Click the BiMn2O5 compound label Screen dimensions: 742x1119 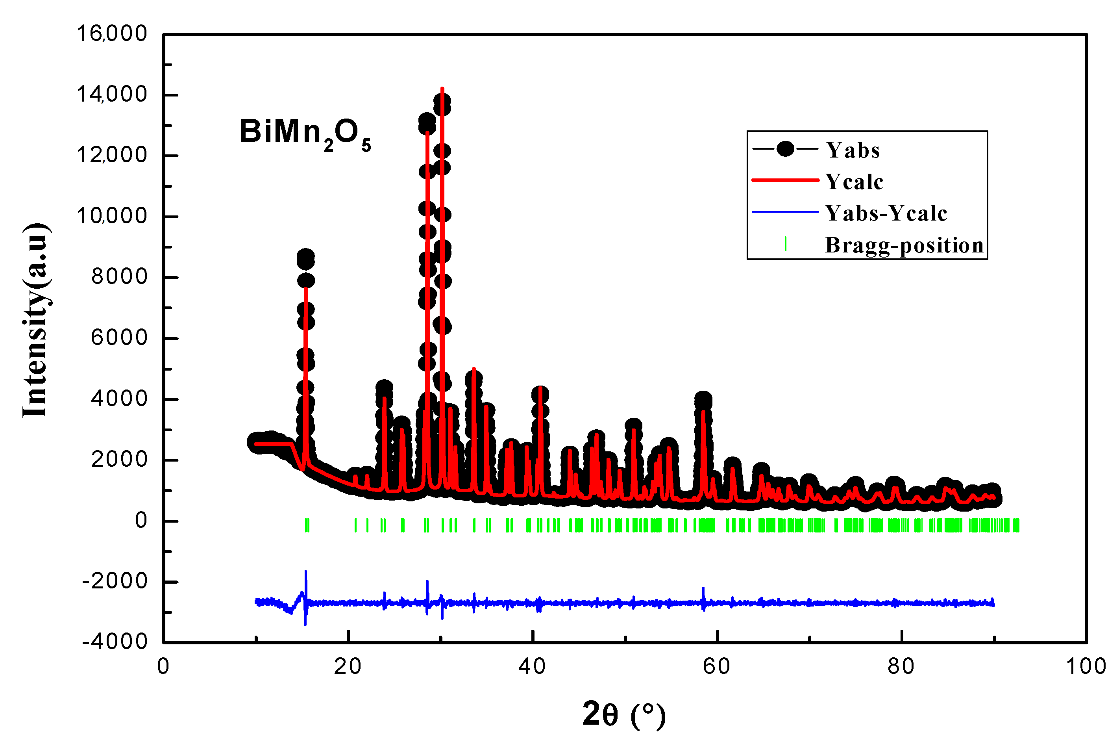point(305,134)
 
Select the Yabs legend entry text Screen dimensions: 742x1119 point(853,150)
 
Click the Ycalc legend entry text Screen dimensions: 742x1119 point(854,182)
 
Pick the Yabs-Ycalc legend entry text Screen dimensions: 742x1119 point(886,213)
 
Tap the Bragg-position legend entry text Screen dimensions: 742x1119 point(904,245)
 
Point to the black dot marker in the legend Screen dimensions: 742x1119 point(785,149)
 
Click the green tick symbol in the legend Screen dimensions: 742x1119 point(785,244)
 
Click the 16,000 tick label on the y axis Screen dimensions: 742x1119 point(112,34)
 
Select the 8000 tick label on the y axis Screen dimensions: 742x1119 point(119,277)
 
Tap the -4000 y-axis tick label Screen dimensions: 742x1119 point(115,642)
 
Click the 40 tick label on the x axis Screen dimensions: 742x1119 point(532,667)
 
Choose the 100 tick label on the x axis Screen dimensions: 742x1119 point(1086,667)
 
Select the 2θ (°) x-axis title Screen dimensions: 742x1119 point(624,714)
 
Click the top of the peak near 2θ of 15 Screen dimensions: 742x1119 point(305,256)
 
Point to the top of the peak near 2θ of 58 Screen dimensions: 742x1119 point(703,399)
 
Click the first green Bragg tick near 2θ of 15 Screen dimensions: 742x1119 point(307,525)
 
